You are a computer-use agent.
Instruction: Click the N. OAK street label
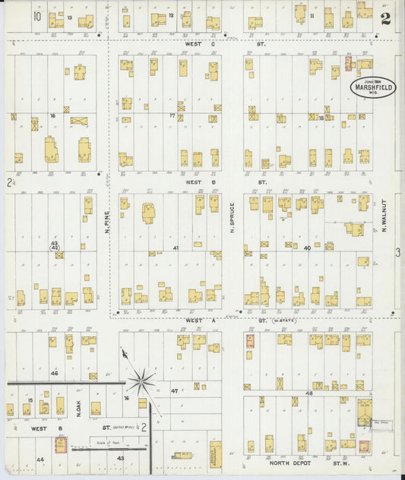click(78, 409)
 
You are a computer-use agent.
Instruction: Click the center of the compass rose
click(141, 380)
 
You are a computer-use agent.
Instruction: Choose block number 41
click(176, 248)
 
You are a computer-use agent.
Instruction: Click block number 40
click(307, 248)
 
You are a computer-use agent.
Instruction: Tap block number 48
click(308, 393)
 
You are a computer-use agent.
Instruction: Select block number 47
click(174, 390)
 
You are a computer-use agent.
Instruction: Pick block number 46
click(54, 373)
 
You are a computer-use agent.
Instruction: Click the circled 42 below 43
click(55, 248)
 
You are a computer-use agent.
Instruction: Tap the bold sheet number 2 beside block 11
click(386, 19)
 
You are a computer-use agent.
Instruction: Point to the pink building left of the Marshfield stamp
click(349, 63)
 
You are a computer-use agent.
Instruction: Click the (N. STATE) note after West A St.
click(284, 321)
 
